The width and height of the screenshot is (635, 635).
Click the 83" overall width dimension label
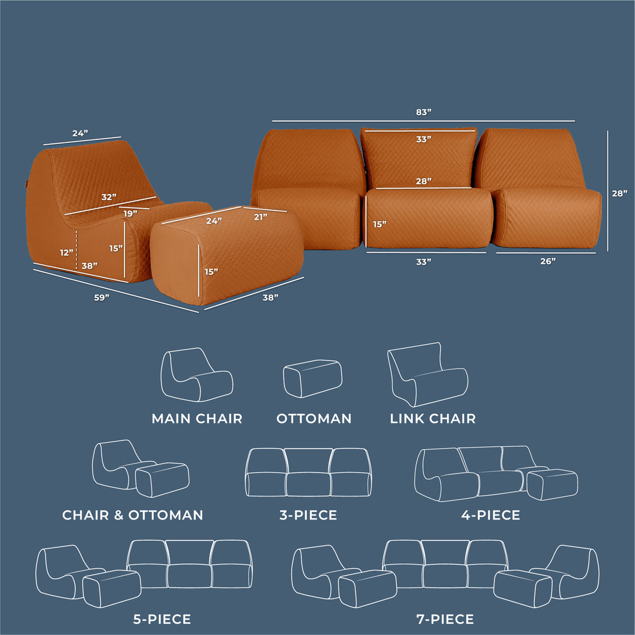click(x=423, y=112)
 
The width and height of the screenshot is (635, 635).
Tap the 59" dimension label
click(x=102, y=298)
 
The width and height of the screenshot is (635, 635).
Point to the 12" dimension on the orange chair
click(x=67, y=252)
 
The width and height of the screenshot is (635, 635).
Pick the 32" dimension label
click(x=109, y=196)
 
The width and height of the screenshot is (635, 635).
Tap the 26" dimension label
click(x=547, y=262)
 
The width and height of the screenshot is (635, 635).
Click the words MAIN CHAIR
click(x=197, y=419)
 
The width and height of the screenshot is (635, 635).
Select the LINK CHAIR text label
click(x=433, y=419)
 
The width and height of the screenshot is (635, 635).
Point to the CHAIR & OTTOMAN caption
click(x=133, y=515)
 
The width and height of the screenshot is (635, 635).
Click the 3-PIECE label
click(x=308, y=515)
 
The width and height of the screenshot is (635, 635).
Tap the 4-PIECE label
click(x=491, y=515)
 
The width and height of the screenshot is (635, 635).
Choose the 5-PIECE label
click(x=162, y=619)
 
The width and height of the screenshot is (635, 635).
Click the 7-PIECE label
click(x=444, y=619)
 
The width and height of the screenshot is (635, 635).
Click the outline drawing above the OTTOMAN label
click(x=312, y=378)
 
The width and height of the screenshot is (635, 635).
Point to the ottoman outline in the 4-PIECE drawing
click(x=552, y=484)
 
